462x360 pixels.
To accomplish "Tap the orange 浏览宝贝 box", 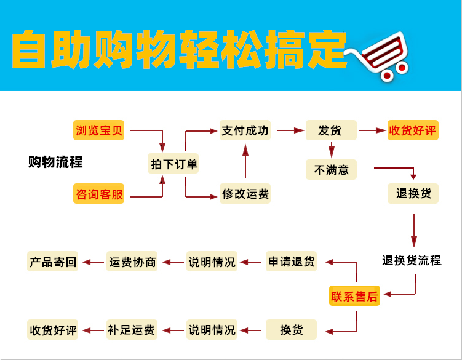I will pyautogui.click(x=99, y=130).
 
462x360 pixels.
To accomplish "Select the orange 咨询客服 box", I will pyautogui.click(x=99, y=194).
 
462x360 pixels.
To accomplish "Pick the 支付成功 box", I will pyautogui.click(x=245, y=130).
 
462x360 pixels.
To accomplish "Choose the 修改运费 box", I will pyautogui.click(x=245, y=194).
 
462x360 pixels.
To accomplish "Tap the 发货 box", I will pyautogui.click(x=332, y=130).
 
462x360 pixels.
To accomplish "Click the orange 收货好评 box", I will pyautogui.click(x=413, y=130).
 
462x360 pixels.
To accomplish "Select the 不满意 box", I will pyautogui.click(x=332, y=169).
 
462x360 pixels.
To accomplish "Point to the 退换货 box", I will pyautogui.click(x=413, y=194).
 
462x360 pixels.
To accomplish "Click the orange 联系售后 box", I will pyautogui.click(x=354, y=296).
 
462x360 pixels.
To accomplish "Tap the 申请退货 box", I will pyautogui.click(x=292, y=262).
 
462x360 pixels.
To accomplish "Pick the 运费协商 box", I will pyautogui.click(x=132, y=262).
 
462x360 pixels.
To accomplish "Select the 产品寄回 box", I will pyautogui.click(x=54, y=262).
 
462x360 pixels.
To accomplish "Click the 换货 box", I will pyautogui.click(x=292, y=329).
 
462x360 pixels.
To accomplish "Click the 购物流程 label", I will pyautogui.click(x=55, y=163).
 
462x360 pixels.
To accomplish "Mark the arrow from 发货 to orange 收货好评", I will pyautogui.click(x=372, y=130).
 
